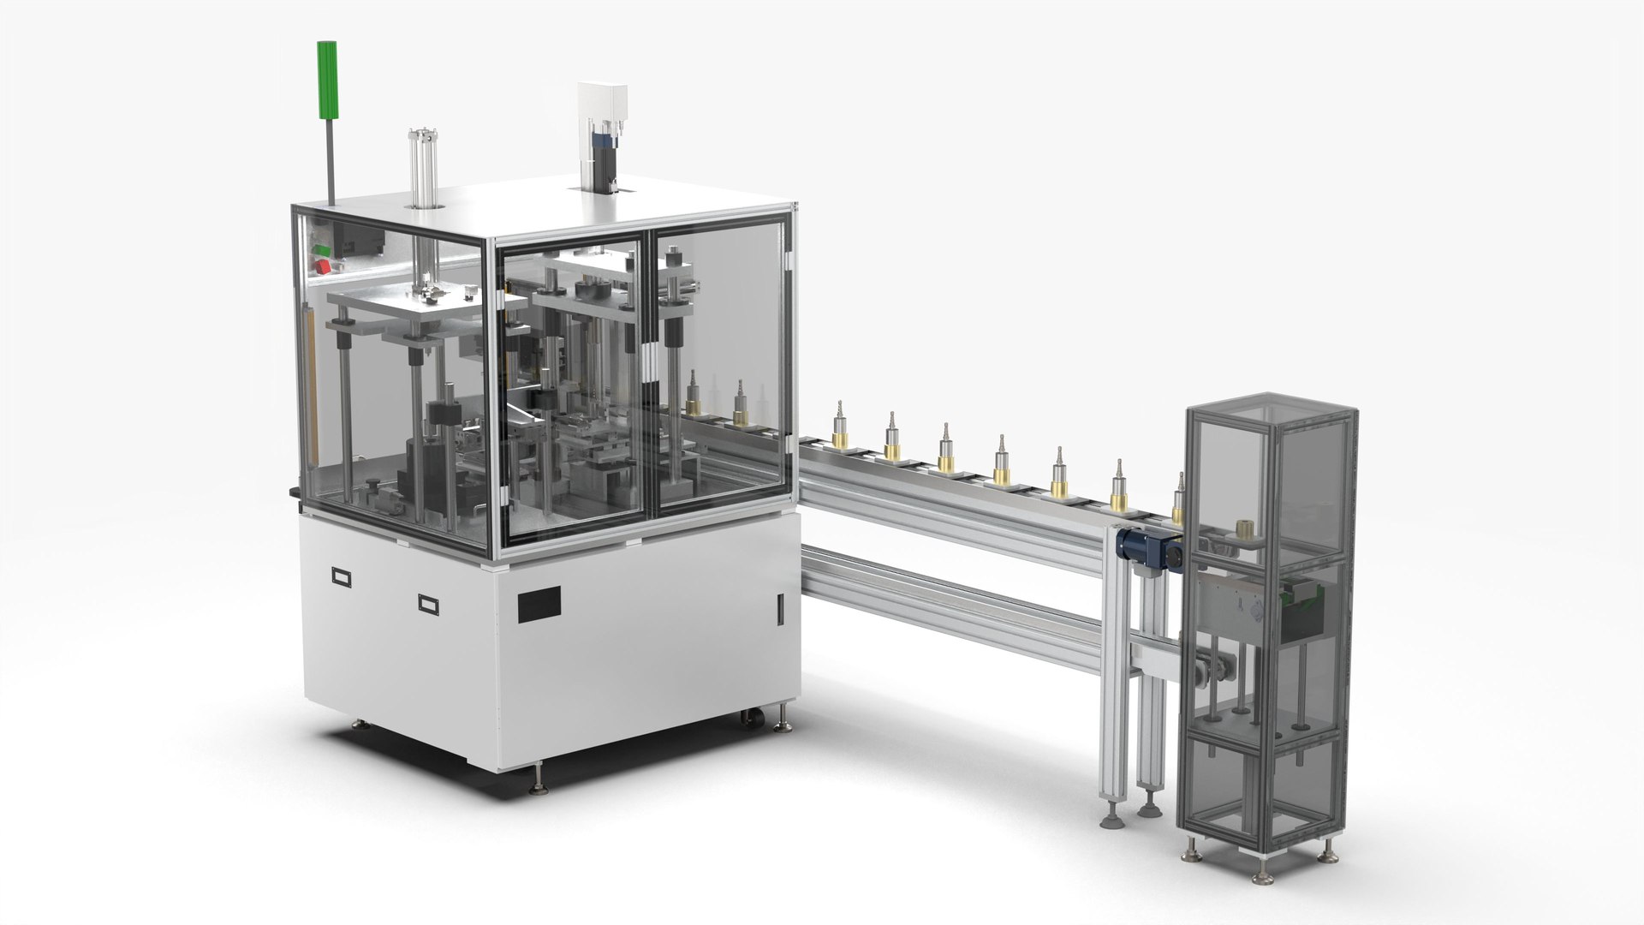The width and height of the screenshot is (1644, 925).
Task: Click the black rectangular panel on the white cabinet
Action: tap(539, 604)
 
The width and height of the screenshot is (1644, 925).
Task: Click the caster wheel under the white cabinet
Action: tap(753, 718)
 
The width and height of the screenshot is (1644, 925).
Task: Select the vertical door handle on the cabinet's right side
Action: tap(779, 609)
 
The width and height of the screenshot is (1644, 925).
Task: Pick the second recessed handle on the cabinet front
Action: tap(429, 604)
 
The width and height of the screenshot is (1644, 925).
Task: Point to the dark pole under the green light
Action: tap(330, 159)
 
